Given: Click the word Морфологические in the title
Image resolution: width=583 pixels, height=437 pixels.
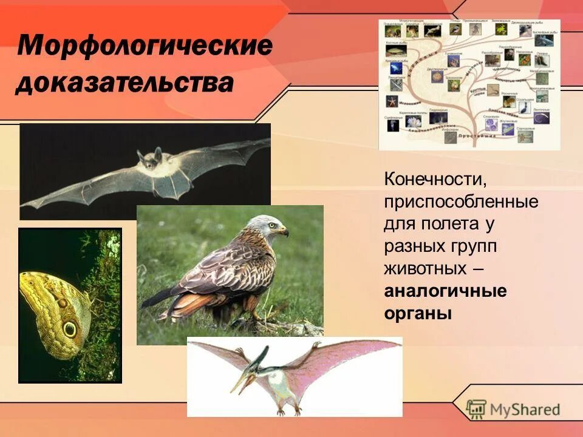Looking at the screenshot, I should pyautogui.click(x=144, y=47).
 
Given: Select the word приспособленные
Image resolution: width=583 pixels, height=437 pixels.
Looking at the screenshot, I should pyautogui.click(x=461, y=202).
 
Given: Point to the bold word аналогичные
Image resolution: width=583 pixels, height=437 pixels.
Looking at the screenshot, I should pyautogui.click(x=445, y=291).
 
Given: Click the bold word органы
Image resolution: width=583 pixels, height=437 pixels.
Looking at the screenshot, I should pyautogui.click(x=418, y=314).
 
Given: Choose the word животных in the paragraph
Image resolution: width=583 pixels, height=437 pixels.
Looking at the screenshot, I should pyautogui.click(x=425, y=269).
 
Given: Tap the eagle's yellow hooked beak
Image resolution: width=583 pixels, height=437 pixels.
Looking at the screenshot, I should pyautogui.click(x=284, y=232).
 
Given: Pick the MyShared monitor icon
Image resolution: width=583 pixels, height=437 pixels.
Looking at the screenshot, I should pyautogui.click(x=477, y=408).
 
